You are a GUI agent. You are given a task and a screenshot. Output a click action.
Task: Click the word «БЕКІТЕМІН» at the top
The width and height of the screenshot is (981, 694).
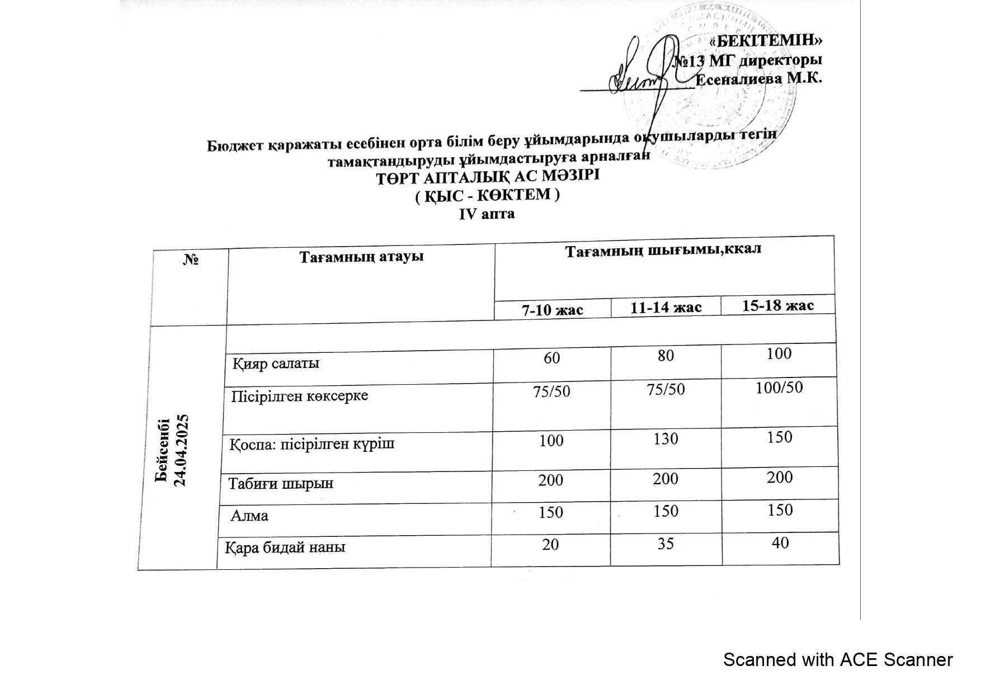765,41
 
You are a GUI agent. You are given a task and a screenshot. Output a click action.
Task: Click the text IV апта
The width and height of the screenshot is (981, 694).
487,214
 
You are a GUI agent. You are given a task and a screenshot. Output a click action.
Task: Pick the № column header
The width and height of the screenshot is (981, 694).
191,260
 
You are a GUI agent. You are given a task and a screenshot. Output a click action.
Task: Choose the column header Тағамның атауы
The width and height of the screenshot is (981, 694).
361,257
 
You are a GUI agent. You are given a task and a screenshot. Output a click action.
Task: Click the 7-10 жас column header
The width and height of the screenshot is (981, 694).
553,310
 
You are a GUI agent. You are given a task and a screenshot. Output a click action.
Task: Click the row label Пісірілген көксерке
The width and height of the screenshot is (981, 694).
300,396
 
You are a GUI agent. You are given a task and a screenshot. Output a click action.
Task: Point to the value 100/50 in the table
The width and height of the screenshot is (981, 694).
779,388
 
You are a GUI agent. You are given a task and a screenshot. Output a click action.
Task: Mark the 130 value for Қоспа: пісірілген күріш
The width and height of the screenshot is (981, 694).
666,438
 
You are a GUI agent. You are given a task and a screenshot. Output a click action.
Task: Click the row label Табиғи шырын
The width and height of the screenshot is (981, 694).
281,483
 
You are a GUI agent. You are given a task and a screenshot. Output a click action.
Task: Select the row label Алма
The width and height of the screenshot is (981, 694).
250,516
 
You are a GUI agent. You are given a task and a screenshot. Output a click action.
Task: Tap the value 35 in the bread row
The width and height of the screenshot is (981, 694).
666,544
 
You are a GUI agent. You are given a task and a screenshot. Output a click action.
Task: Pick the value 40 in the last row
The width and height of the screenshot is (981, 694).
780,542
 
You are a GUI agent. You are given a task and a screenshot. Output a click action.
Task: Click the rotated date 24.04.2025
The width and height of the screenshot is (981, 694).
181,451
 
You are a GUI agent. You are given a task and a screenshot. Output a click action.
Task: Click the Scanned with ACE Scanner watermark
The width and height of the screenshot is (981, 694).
837,660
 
